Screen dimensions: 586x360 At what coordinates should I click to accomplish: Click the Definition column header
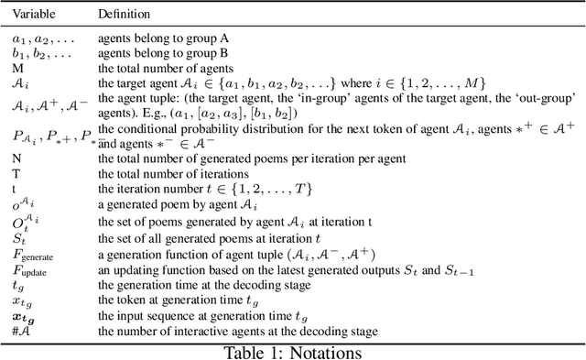pos(125,16)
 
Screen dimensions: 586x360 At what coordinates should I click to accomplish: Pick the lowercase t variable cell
pos(15,188)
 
